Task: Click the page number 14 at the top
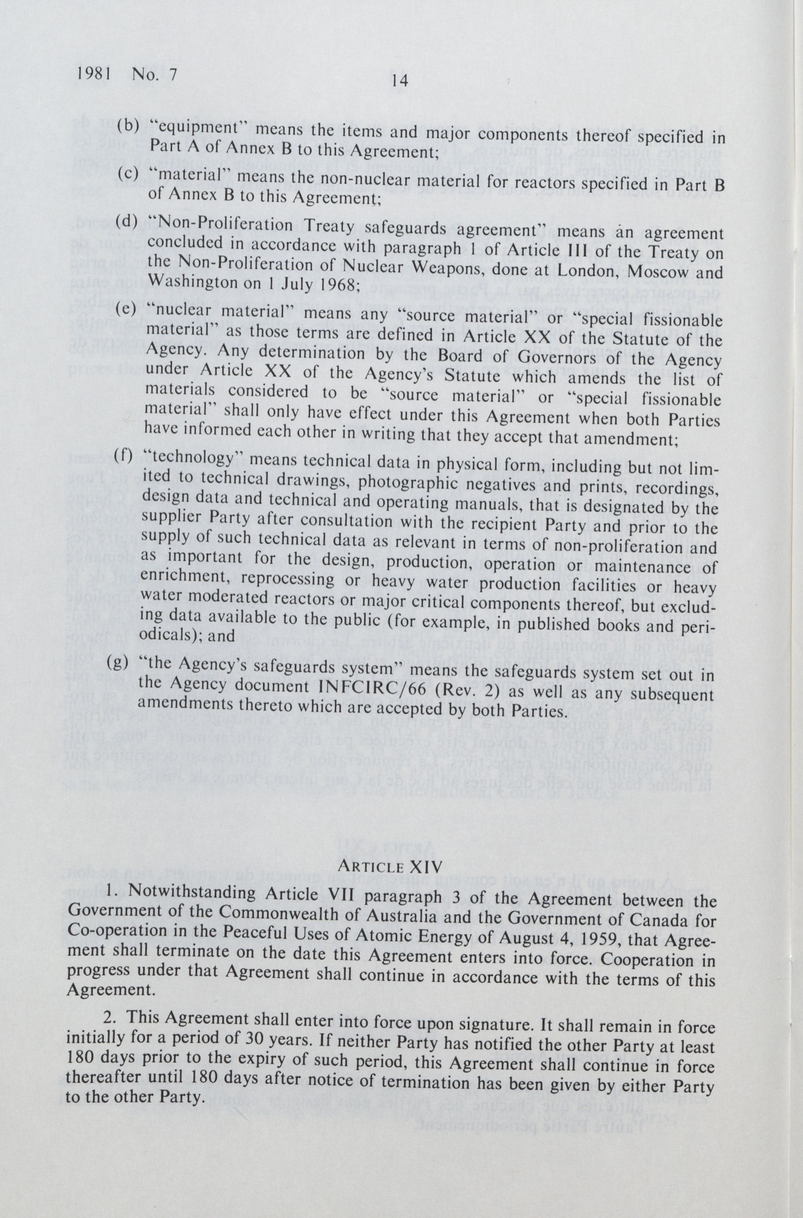[399, 81]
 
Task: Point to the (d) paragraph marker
[126, 221]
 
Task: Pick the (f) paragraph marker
[123, 455]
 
